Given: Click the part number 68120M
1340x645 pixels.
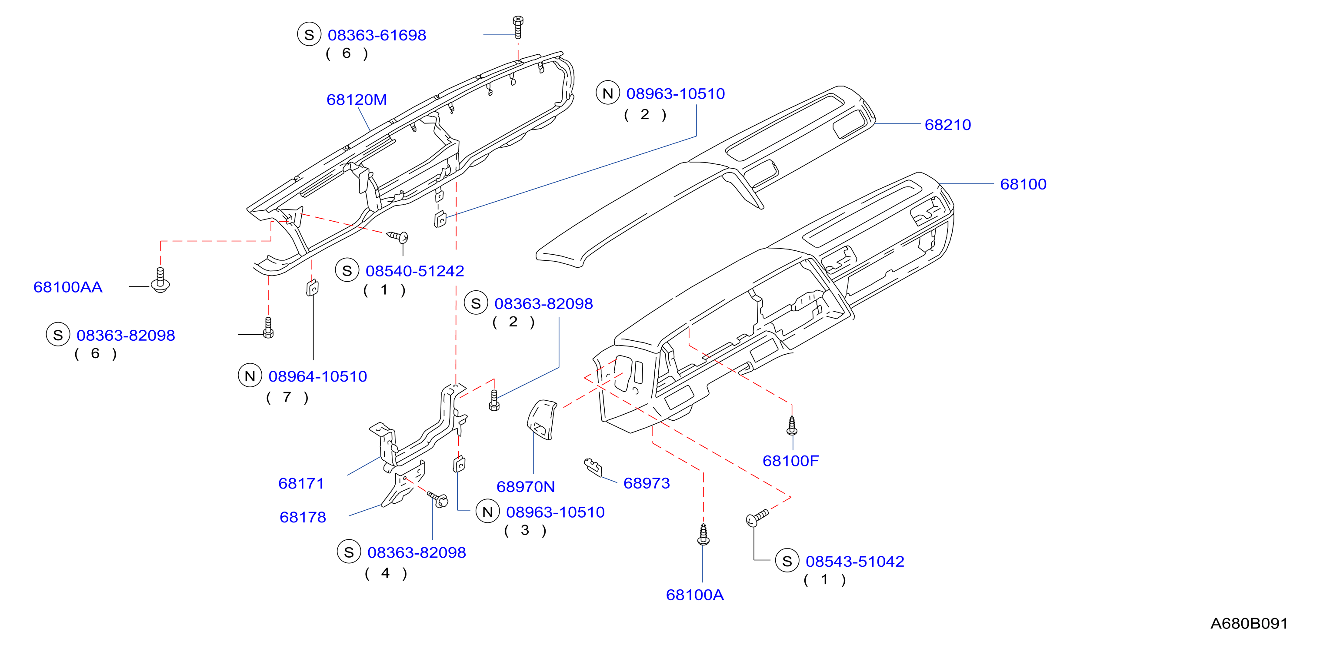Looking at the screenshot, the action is (357, 100).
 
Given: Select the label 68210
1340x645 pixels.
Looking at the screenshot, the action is (947, 125).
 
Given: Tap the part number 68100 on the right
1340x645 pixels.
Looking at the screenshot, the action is (1023, 184).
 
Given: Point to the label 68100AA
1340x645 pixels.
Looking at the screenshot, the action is (68, 287).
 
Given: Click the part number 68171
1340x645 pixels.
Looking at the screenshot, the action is (301, 484).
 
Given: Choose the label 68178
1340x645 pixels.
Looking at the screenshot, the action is (303, 518).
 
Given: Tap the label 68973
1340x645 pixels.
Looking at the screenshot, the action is (647, 483).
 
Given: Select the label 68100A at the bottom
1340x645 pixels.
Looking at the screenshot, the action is (694, 595).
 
